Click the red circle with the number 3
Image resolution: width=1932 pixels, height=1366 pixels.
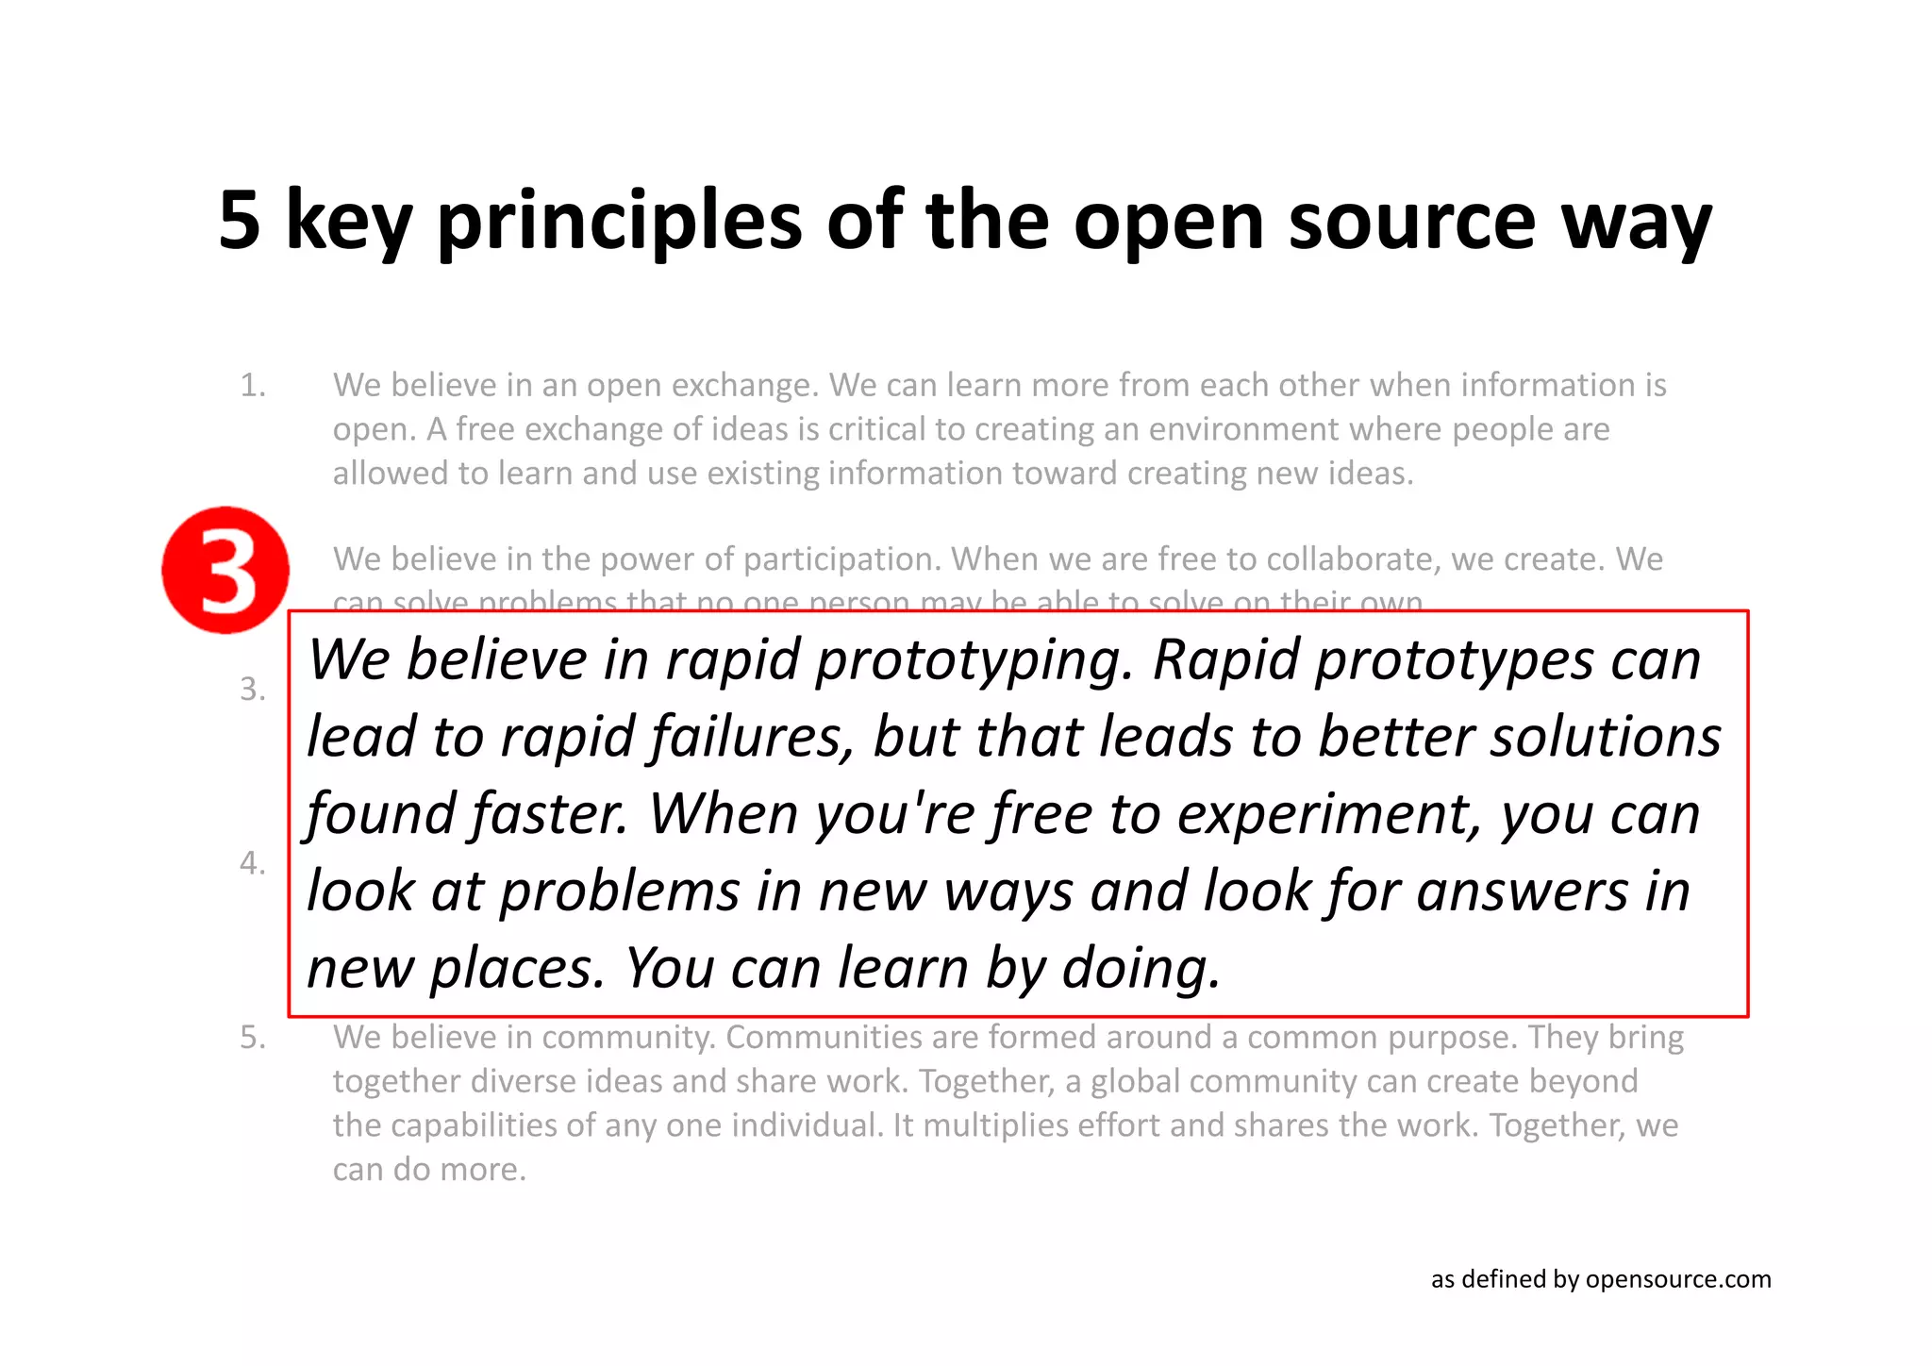pos(225,570)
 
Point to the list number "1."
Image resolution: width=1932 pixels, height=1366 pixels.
pos(253,385)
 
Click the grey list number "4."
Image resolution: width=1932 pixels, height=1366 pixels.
pos(253,863)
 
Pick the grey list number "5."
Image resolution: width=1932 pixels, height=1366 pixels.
pos(253,1038)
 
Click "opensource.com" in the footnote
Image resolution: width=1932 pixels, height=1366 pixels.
pos(1678,1279)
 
